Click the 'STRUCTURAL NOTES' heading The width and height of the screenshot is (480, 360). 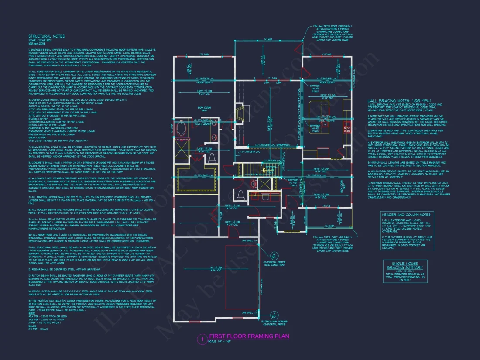47,36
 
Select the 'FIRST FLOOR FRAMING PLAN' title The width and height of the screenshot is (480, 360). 249,336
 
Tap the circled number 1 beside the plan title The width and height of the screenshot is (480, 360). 202,339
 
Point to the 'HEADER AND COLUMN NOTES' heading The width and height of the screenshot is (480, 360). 406,215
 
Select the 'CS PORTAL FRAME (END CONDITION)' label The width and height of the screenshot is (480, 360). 274,264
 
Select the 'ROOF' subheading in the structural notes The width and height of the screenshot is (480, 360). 32,313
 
